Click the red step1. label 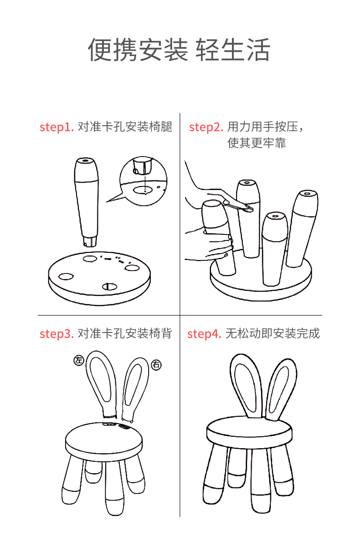57,127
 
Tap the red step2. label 206,127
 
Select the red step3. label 57,334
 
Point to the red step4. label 204,334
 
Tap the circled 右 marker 156,364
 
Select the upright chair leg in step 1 87,200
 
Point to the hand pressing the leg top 214,194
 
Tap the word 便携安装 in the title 138,50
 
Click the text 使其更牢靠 257,143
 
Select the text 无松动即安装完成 273,334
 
